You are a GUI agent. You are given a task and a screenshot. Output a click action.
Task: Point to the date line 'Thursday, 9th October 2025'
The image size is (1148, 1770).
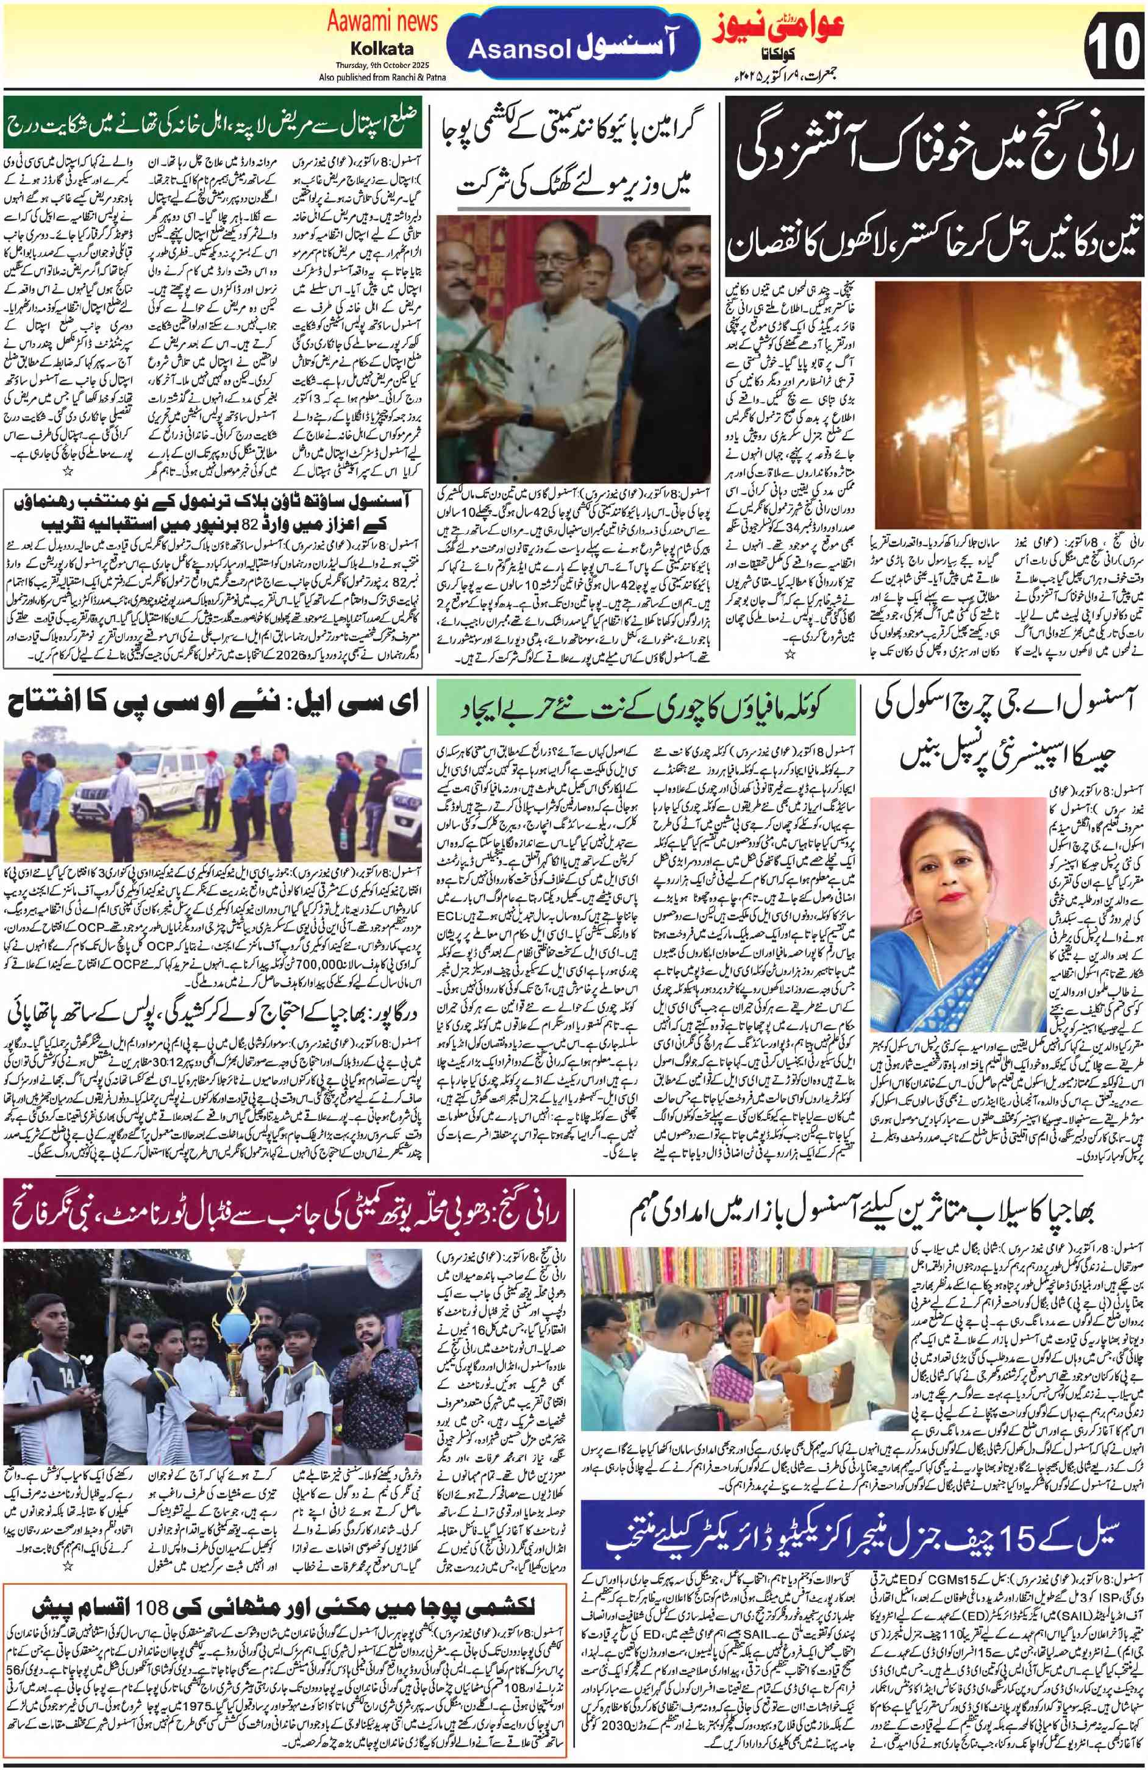382,65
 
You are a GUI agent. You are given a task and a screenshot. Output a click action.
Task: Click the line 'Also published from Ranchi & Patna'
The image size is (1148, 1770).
382,77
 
